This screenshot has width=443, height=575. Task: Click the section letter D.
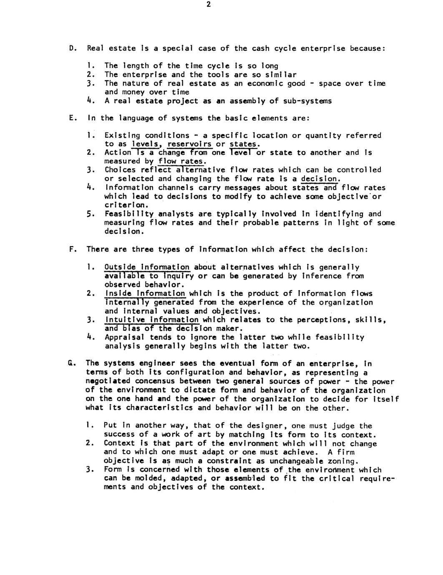pyautogui.click(x=72, y=48)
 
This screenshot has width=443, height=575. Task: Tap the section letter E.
pyautogui.click(x=72, y=118)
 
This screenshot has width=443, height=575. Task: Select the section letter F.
pyautogui.click(x=72, y=250)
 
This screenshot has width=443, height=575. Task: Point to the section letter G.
pyautogui.click(x=72, y=363)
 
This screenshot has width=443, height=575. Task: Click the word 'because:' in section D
pyautogui.click(x=367, y=48)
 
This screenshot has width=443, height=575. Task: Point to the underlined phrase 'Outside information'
pyautogui.click(x=147, y=267)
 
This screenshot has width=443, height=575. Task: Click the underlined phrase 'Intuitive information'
pyautogui.click(x=152, y=320)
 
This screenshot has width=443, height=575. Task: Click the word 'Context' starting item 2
pyautogui.click(x=119, y=443)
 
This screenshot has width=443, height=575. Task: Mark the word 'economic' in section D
pyautogui.click(x=265, y=83)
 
